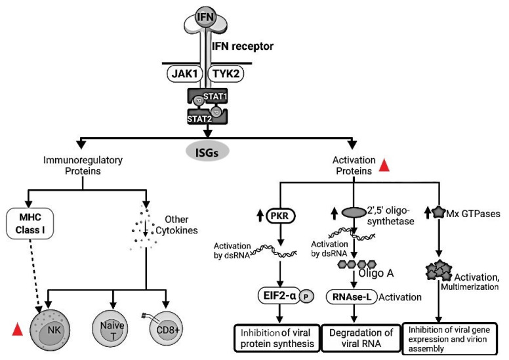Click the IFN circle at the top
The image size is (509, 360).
[206, 16]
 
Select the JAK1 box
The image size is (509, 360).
[185, 73]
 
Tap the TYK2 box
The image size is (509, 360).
[226, 73]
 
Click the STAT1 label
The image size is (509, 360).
[215, 96]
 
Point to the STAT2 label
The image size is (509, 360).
[199, 119]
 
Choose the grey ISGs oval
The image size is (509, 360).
[207, 151]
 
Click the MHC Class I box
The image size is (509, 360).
[30, 224]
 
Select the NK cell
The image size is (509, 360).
[50, 330]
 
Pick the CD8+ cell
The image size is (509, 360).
[166, 329]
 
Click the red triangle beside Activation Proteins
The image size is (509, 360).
[384, 165]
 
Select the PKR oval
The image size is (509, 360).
[281, 216]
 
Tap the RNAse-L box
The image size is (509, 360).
[352, 296]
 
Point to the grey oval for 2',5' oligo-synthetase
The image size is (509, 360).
[354, 212]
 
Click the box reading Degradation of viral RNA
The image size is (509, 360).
[361, 338]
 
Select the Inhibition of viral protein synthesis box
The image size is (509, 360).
[277, 338]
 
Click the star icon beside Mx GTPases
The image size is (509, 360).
[439, 213]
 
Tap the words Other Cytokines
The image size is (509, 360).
[176, 225]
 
